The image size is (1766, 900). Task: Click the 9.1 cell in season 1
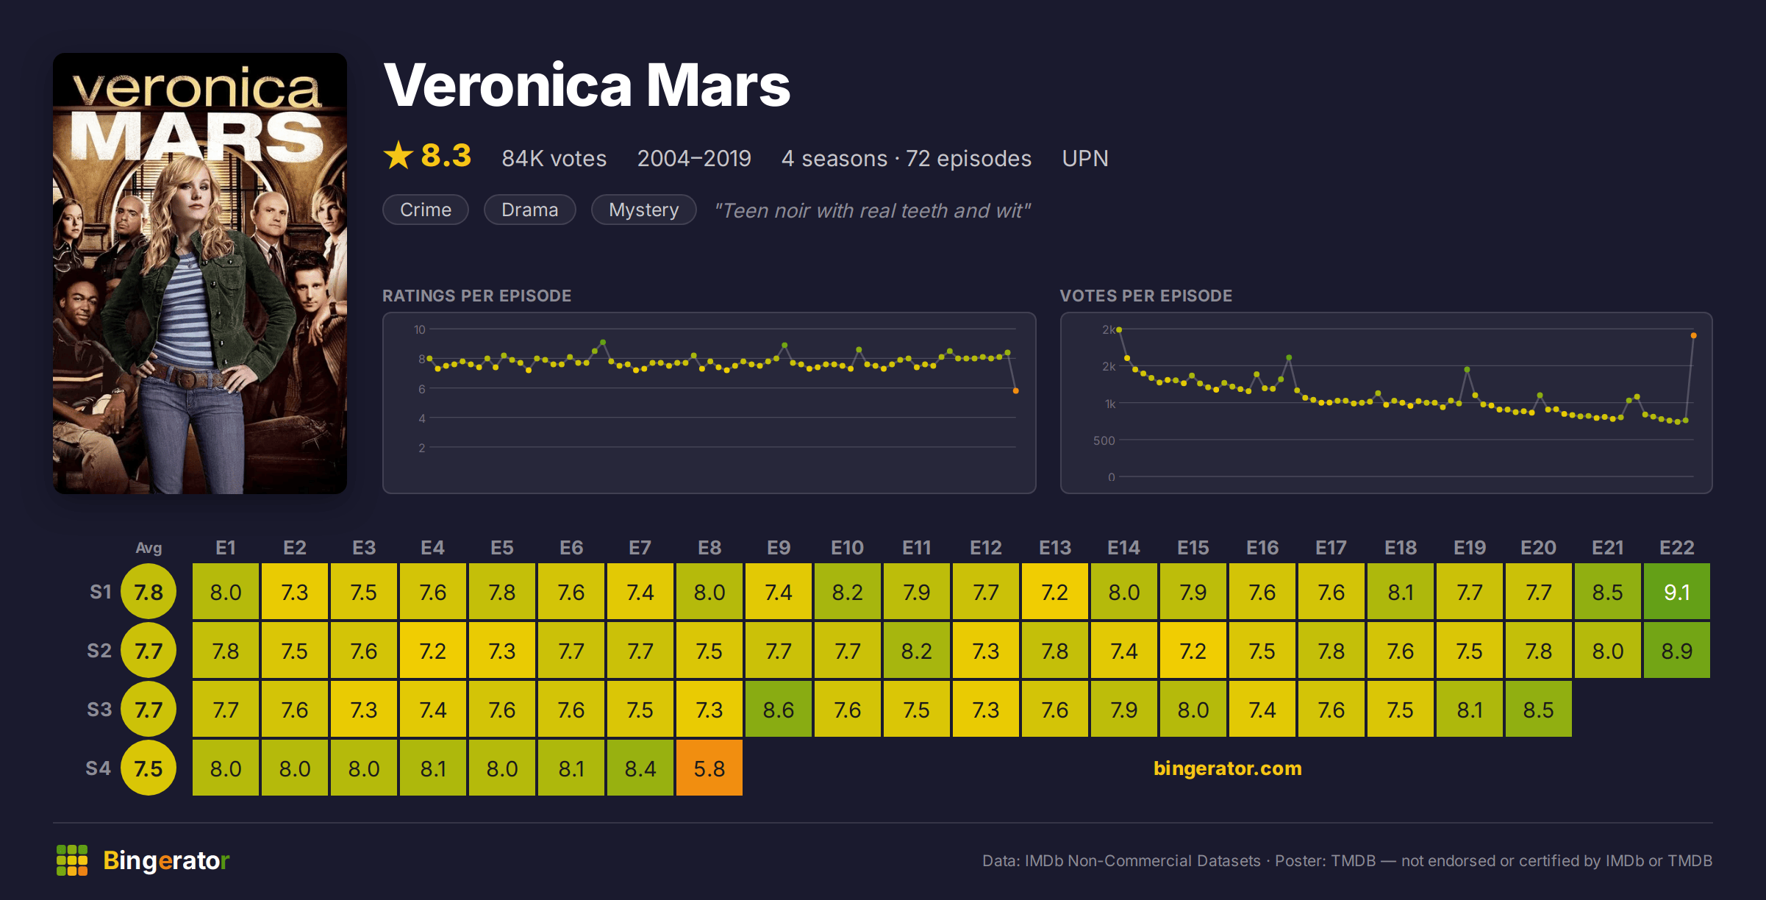[1676, 591]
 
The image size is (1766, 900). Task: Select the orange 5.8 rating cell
[709, 768]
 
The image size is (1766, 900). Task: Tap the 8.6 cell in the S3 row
[778, 709]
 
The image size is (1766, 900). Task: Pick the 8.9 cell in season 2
[1676, 650]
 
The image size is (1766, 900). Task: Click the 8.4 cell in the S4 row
[640, 768]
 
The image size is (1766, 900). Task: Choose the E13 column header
[1054, 548]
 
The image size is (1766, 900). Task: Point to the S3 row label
[99, 710]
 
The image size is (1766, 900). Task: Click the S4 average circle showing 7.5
[149, 768]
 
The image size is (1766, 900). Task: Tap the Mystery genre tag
[643, 210]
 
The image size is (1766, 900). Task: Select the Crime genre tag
[425, 210]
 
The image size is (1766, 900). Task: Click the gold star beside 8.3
[398, 155]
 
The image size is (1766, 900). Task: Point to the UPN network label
[1084, 158]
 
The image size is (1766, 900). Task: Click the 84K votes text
[554, 158]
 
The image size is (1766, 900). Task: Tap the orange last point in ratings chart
[1015, 390]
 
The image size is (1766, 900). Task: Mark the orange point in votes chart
[1693, 335]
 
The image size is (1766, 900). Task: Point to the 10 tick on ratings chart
[419, 329]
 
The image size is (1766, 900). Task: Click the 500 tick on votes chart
[1104, 440]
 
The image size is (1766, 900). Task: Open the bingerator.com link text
[1227, 768]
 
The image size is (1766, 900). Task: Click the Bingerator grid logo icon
[72, 860]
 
